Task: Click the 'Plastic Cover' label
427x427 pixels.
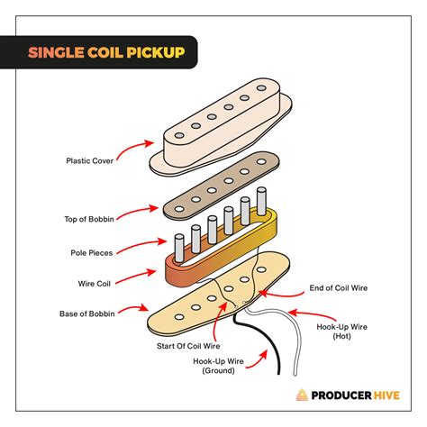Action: click(89, 161)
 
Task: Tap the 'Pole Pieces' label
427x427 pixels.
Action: click(91, 253)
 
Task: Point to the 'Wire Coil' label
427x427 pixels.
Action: click(95, 283)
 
